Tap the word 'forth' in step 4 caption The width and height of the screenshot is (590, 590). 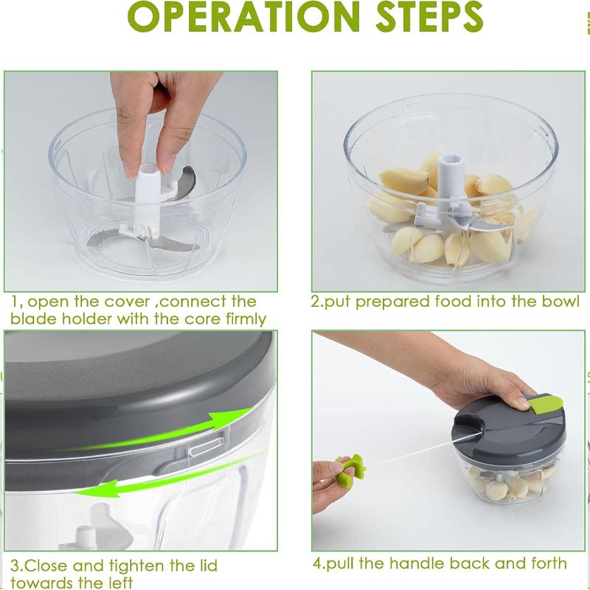[545, 563]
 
